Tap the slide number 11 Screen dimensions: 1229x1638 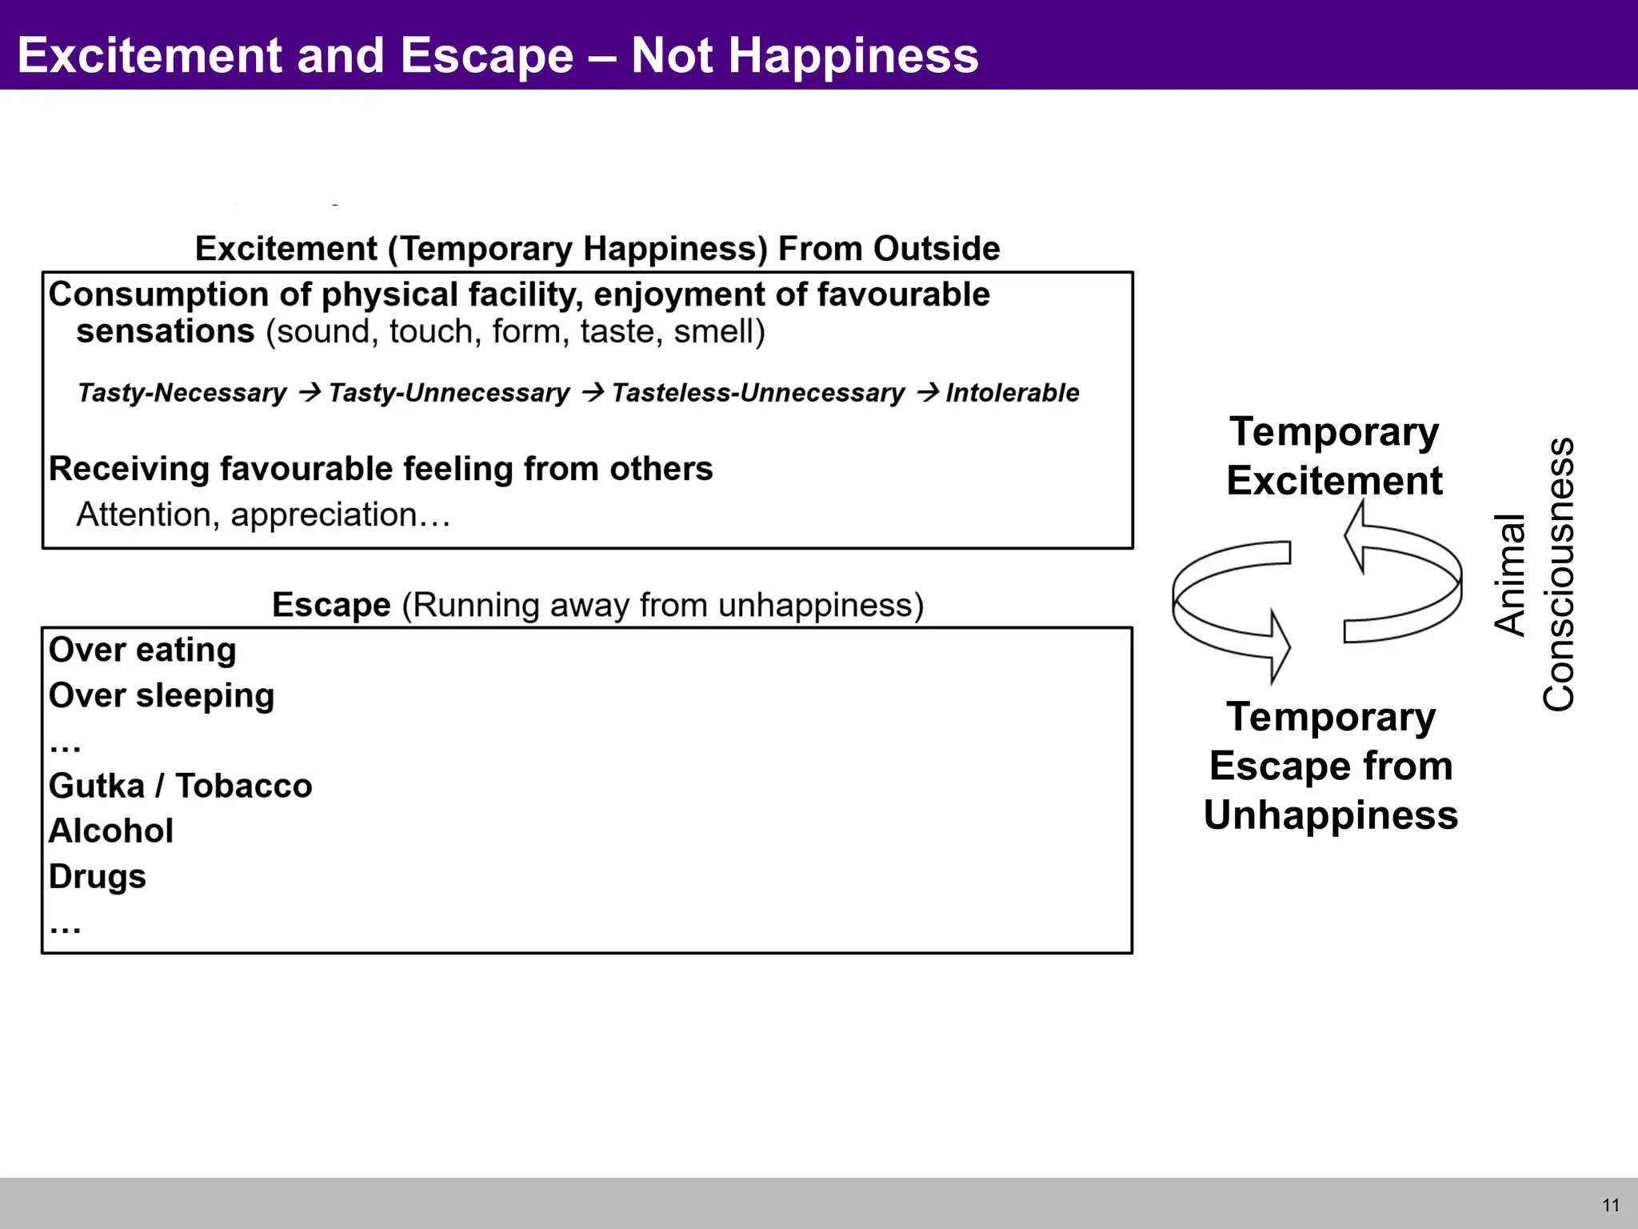(x=1611, y=1205)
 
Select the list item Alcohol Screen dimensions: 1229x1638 (x=111, y=831)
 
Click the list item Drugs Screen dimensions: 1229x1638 (x=98, y=877)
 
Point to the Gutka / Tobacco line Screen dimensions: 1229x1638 (x=180, y=786)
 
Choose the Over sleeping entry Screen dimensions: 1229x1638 (x=162, y=695)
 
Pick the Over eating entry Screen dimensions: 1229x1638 (x=142, y=650)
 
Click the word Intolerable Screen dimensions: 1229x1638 (x=1012, y=393)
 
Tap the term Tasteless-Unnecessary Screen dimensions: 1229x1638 (x=757, y=393)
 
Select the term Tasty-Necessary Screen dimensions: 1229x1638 (x=182, y=393)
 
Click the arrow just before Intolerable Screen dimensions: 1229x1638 (x=928, y=392)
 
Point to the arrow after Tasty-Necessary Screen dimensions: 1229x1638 (x=310, y=392)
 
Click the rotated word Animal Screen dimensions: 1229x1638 (x=1510, y=574)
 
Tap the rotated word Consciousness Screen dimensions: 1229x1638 (x=1558, y=574)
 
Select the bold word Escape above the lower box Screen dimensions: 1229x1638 (x=331, y=605)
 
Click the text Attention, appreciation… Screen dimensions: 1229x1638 (x=263, y=514)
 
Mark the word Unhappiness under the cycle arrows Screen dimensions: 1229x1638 (x=1331, y=815)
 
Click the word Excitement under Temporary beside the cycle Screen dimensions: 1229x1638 (x=1334, y=481)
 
